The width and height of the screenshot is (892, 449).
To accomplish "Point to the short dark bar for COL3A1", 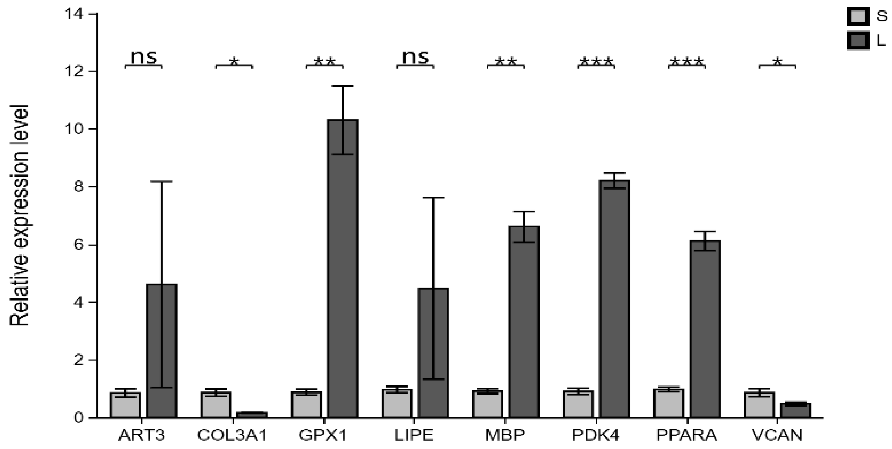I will [252, 414].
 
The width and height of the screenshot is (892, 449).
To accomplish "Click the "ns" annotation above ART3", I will [143, 57].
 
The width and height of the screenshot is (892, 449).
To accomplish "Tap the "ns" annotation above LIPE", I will [415, 57].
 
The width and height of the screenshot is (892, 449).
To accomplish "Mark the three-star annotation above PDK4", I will [596, 62].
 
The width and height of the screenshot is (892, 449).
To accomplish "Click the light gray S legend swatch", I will [858, 16].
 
